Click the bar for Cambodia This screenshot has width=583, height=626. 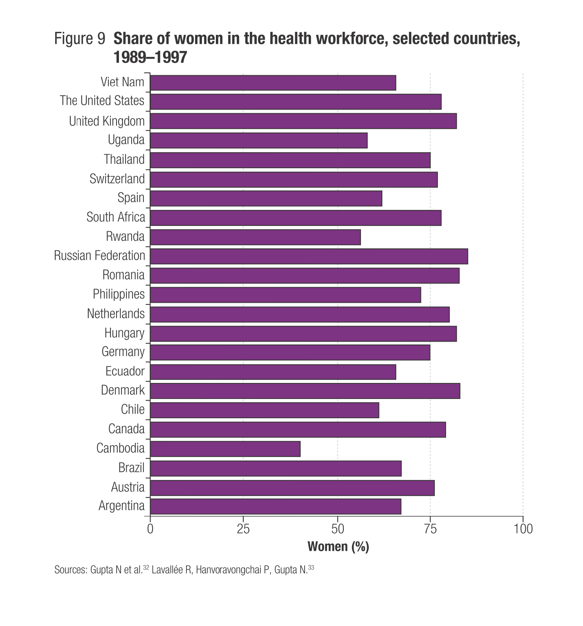(x=225, y=449)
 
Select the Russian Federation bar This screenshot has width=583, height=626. (x=309, y=256)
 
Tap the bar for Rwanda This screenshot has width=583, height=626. (x=256, y=237)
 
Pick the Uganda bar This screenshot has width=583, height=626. (x=259, y=140)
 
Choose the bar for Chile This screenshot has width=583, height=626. (x=265, y=410)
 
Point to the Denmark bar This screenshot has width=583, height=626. (x=305, y=391)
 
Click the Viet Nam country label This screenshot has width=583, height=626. (x=122, y=82)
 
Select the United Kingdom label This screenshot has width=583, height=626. (x=107, y=121)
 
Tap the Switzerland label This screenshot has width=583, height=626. (x=117, y=179)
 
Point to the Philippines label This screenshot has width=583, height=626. (x=119, y=294)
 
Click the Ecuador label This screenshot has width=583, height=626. (x=125, y=371)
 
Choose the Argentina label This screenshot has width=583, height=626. (x=121, y=506)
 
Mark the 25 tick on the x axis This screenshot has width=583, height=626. (x=243, y=529)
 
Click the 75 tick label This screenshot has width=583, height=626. (x=430, y=529)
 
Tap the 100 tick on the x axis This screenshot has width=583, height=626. (x=523, y=529)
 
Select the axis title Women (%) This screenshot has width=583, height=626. (x=338, y=546)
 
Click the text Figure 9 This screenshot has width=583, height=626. (x=80, y=39)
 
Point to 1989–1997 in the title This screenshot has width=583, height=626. (x=150, y=58)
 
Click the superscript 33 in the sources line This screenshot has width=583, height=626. (x=311, y=567)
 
